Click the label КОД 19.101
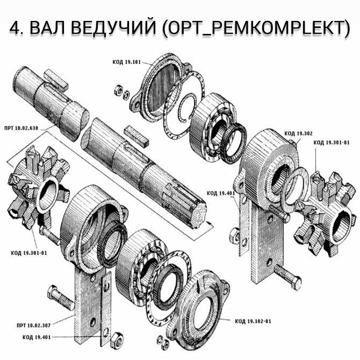127,62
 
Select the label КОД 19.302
298,133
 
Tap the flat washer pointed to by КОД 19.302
294,189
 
